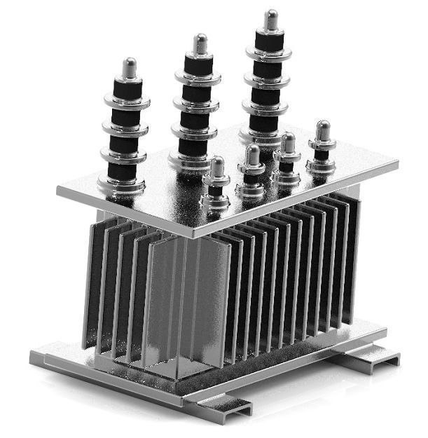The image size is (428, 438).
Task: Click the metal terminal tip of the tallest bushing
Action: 270,19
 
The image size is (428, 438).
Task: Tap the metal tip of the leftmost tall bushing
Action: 129,68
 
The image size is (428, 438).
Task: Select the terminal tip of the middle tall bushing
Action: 200,43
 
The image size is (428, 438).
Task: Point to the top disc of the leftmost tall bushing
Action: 127,100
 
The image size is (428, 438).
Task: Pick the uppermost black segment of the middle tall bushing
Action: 198,65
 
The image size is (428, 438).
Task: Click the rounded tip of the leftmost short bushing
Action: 217,167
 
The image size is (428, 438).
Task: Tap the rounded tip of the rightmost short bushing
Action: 322,130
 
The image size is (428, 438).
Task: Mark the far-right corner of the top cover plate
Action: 396,165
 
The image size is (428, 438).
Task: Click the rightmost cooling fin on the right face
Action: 352,259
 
